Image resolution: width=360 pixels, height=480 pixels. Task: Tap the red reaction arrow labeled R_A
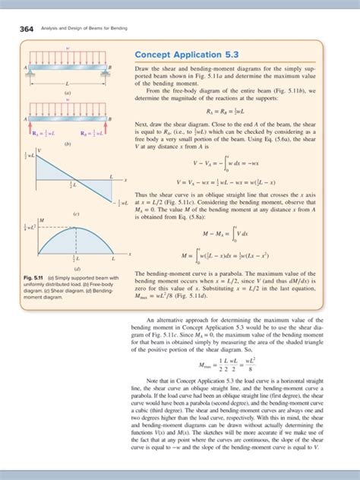(x=31, y=128)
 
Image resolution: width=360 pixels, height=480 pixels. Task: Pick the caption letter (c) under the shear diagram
(x=77, y=214)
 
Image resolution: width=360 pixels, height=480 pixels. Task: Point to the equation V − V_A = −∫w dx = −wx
(x=228, y=162)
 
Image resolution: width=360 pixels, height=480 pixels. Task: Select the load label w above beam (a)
(x=70, y=55)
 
